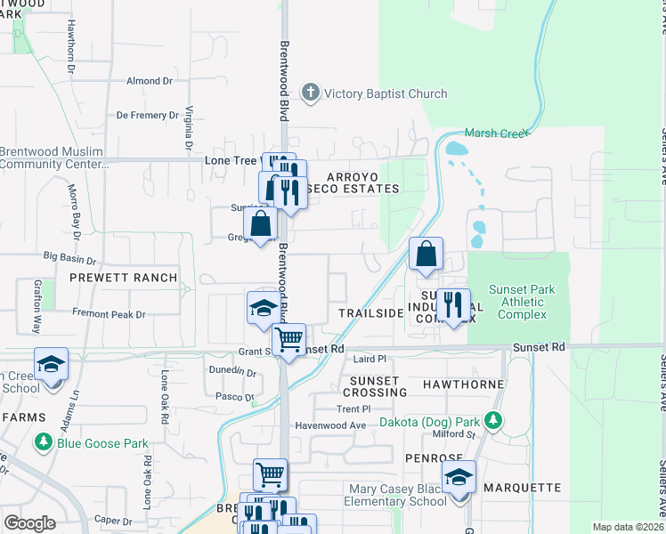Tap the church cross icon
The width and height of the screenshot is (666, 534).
point(310,92)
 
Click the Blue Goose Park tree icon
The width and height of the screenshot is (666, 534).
point(43,441)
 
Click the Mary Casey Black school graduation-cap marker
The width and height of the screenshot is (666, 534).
point(459,479)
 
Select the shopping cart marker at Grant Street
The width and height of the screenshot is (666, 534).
point(288,340)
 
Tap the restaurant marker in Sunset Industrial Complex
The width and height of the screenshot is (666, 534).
point(453,305)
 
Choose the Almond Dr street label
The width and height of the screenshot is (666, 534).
point(149,81)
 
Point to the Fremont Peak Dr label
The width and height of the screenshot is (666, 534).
point(110,315)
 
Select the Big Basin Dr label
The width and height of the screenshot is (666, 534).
point(68,256)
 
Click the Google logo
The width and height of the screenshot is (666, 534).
point(30,523)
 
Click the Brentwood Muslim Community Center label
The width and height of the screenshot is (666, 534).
point(52,158)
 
